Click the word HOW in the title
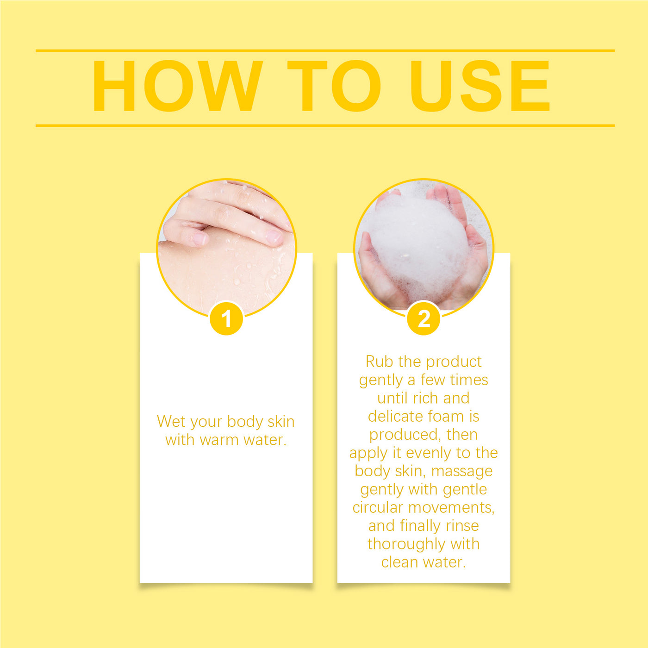[177, 86]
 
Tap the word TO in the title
[334, 86]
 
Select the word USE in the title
[480, 86]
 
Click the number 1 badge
[226, 318]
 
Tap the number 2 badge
[424, 318]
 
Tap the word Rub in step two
[380, 361]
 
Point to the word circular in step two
[378, 507]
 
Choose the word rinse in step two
[462, 526]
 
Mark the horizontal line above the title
[325, 51]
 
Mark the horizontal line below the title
[325, 126]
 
